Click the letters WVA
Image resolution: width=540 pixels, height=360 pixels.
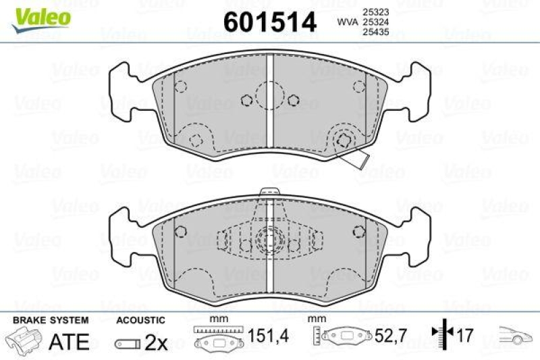[x=348, y=22]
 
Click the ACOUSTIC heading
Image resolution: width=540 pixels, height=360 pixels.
[x=140, y=319]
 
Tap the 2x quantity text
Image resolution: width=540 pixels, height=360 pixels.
[x=157, y=342]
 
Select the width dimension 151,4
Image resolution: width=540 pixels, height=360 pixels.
[x=260, y=335]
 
